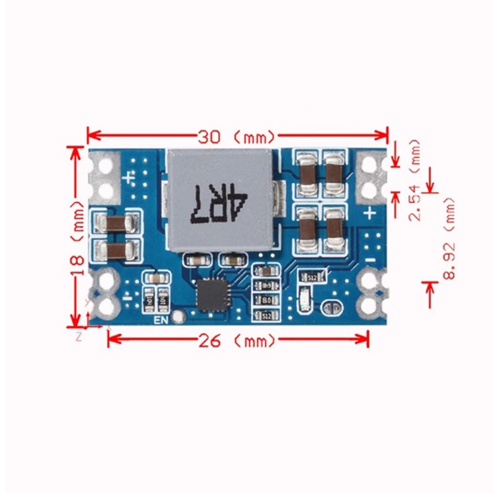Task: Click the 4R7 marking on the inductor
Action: (x=220, y=203)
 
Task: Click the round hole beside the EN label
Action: (x=178, y=317)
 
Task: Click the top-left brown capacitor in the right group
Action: (x=307, y=170)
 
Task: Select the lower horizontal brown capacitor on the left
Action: (x=114, y=249)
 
